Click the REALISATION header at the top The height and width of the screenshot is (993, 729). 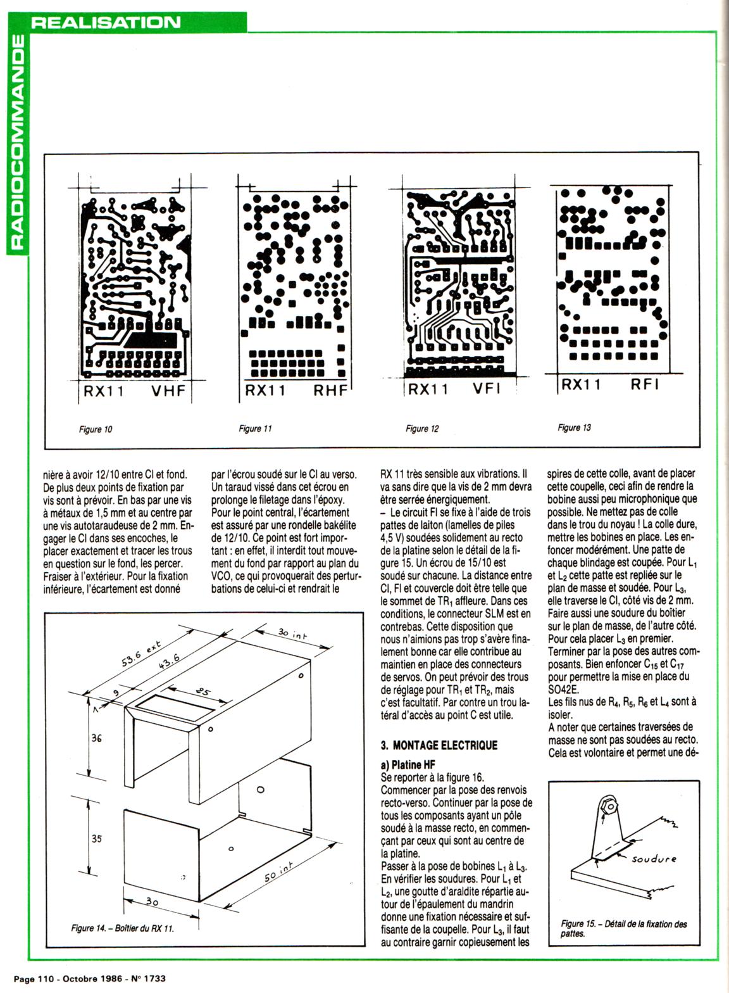pos(106,22)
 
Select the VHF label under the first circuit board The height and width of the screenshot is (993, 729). pos(168,391)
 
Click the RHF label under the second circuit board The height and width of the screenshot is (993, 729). pos(331,391)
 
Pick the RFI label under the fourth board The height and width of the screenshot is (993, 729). pos(645,384)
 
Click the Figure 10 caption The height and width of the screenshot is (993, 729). pos(96,429)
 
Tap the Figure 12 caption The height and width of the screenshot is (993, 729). pos(422,429)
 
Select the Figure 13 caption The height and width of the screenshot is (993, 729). pos(575,427)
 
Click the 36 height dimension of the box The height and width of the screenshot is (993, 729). pos(96,738)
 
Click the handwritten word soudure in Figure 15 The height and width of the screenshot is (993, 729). pos(654,859)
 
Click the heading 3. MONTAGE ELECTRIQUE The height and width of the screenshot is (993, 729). pos(440,745)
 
